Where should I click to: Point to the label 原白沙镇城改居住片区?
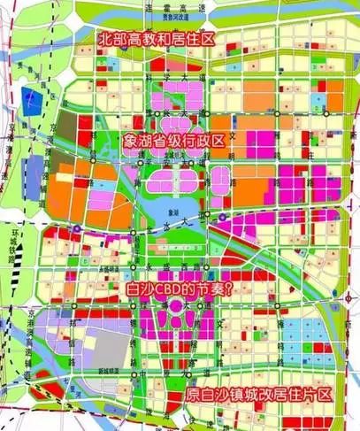pyautogui.click(x=259, y=396)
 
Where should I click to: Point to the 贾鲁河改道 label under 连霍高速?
pyautogui.click(x=191, y=16)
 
